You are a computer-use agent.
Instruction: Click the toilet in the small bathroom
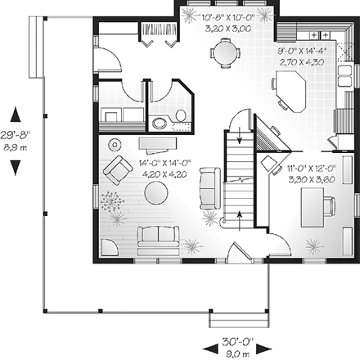tap(159, 122)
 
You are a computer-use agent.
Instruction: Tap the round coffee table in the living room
tap(156, 193)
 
